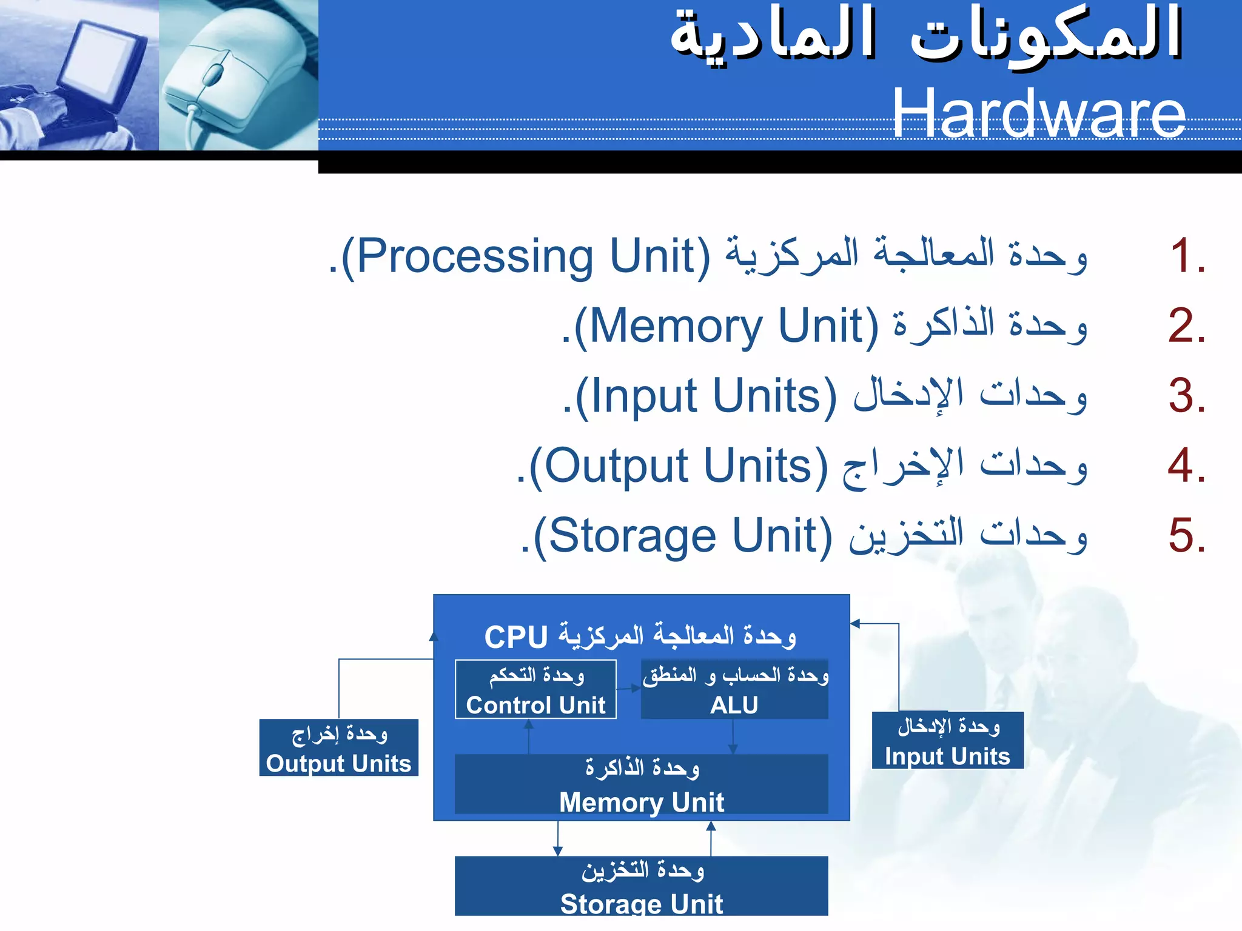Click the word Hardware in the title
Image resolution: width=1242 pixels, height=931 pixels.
pos(1038,113)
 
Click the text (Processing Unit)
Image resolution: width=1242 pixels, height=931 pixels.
pos(525,256)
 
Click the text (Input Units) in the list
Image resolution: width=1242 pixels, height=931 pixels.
pos(705,396)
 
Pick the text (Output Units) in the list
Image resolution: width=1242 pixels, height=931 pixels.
pos(678,467)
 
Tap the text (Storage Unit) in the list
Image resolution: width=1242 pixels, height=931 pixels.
pos(682,536)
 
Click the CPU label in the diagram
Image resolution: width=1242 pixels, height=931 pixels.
pos(515,637)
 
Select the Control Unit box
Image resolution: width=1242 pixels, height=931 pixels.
pos(535,690)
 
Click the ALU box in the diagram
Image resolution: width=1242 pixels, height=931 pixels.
pos(734,690)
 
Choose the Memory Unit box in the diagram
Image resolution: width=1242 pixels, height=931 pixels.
pos(641,784)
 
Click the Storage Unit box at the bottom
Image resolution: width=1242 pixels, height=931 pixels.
pos(641,886)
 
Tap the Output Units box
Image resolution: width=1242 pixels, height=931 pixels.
pos(338,747)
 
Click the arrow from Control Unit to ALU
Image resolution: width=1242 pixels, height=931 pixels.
pos(629,689)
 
